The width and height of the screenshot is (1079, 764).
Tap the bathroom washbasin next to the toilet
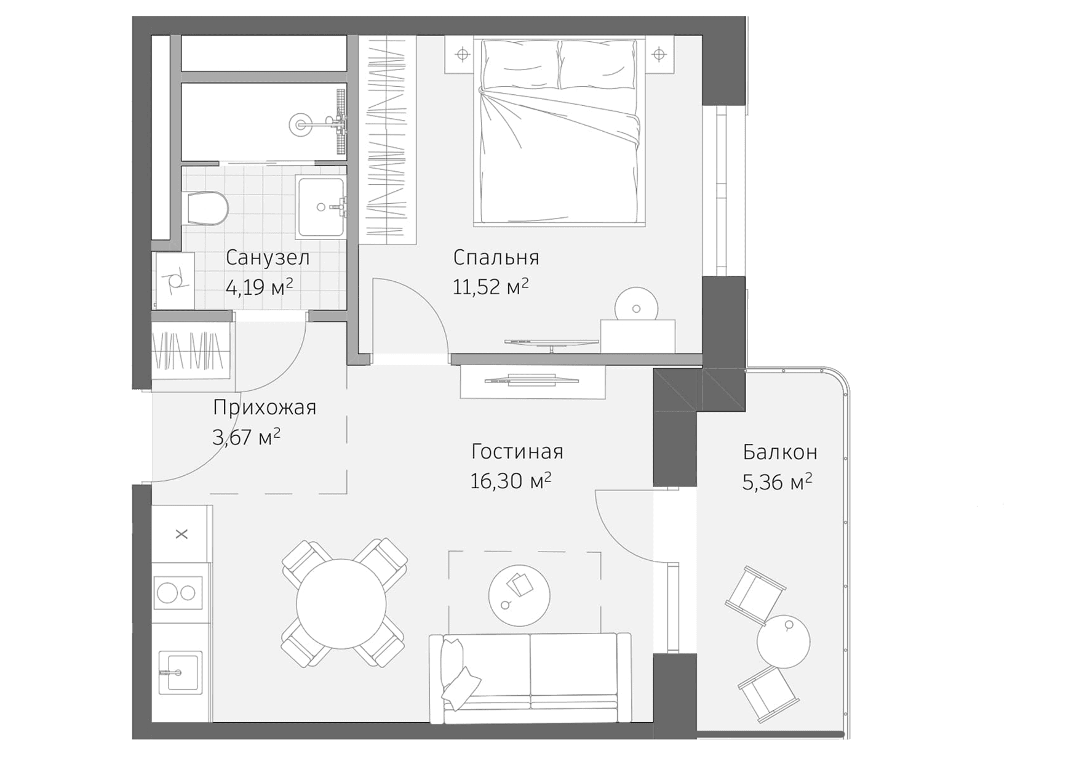[x=321, y=207]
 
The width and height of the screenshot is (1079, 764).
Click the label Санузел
[x=268, y=257]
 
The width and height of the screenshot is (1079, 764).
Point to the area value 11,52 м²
[x=490, y=287]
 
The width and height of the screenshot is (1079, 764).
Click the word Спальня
[x=496, y=257]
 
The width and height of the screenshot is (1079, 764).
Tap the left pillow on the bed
[x=520, y=63]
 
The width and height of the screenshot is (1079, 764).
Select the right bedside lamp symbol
[x=659, y=55]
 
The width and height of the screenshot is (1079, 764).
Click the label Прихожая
[x=265, y=408]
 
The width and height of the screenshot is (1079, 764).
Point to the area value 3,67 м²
[x=246, y=437]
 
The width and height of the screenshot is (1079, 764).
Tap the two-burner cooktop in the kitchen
[x=178, y=593]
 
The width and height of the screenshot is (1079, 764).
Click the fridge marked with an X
[x=181, y=534]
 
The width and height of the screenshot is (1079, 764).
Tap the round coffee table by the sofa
[x=519, y=595]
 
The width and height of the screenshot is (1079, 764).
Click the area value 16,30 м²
[x=510, y=481]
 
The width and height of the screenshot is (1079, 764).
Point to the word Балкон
[x=780, y=452]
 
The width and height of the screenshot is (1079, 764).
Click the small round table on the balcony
[x=783, y=641]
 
